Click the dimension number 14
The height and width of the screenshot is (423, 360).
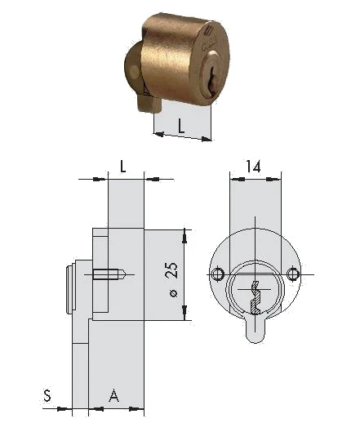(x=253, y=167)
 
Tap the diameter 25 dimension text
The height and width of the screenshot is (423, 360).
(x=173, y=279)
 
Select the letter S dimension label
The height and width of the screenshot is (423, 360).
(x=47, y=395)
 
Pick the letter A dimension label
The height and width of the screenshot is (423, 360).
(x=113, y=395)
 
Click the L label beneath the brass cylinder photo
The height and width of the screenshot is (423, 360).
(x=181, y=126)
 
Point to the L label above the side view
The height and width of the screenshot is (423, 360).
(x=123, y=167)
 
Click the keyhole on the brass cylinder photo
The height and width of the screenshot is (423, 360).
(x=211, y=79)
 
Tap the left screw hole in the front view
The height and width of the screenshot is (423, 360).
(x=217, y=274)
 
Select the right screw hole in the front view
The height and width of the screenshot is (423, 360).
(x=293, y=274)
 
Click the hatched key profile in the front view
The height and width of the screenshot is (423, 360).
(x=255, y=298)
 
